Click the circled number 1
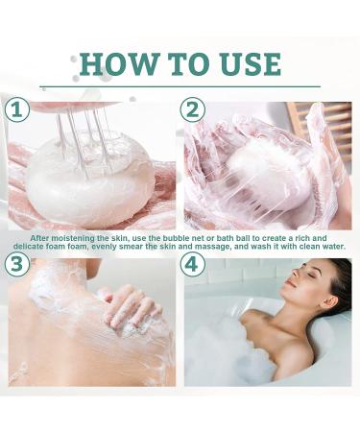pos(16,109)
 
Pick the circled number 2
pos(193,109)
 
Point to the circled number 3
pos(16,264)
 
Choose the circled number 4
pos(193,264)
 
